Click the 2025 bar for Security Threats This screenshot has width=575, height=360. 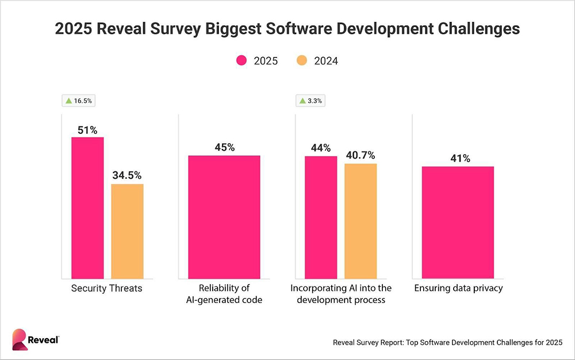(x=87, y=208)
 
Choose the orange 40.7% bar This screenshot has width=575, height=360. (x=361, y=221)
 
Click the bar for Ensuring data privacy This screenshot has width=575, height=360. (x=458, y=222)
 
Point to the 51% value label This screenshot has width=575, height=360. (x=87, y=129)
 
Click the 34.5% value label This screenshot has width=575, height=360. (x=127, y=175)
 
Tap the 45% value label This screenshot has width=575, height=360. (x=224, y=147)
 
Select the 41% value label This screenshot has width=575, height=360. (x=458, y=158)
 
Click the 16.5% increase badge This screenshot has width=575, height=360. (x=79, y=101)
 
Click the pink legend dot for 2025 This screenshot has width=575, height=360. (x=241, y=61)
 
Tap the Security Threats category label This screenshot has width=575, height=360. (x=106, y=288)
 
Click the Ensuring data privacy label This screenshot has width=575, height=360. (x=458, y=288)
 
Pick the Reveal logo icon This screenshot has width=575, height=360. (x=20, y=340)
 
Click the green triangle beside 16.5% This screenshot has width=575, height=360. (x=69, y=101)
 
